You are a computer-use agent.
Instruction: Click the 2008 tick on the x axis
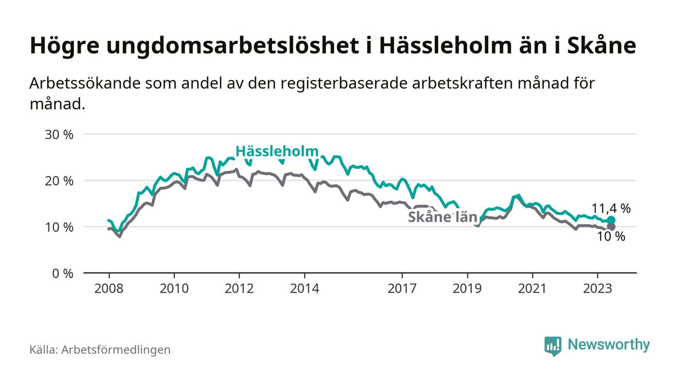(x=109, y=288)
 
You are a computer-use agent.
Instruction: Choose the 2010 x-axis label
(x=174, y=288)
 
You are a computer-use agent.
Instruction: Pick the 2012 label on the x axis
(x=239, y=288)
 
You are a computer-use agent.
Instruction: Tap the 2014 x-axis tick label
(x=305, y=288)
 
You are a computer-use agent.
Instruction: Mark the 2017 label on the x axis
(x=402, y=288)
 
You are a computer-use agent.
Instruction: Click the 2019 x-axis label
(x=467, y=288)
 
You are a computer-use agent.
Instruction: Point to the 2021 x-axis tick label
(x=532, y=288)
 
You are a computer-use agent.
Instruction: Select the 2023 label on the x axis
(x=597, y=288)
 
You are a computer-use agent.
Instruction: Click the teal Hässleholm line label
(x=277, y=151)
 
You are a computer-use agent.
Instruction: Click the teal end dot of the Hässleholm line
(x=611, y=220)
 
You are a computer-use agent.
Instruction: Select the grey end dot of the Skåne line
(x=611, y=227)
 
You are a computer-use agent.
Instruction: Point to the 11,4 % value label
(x=611, y=209)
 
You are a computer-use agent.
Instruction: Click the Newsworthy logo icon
(x=553, y=346)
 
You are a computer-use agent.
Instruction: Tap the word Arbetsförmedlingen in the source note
(x=116, y=350)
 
